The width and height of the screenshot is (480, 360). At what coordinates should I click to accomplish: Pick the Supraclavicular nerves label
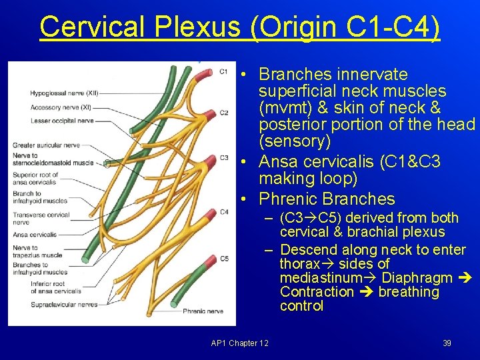(64, 304)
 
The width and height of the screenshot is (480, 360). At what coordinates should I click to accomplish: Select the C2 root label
(224, 113)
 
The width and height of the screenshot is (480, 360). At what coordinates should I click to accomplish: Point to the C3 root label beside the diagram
(224, 157)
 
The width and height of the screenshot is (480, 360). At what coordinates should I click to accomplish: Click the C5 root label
(224, 258)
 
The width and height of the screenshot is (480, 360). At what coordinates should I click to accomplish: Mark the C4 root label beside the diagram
(224, 212)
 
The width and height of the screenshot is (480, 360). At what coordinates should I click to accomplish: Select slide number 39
(447, 343)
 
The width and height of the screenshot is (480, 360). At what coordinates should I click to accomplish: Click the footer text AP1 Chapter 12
(239, 343)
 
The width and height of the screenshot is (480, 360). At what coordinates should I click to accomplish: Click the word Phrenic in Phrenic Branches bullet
(287, 199)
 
